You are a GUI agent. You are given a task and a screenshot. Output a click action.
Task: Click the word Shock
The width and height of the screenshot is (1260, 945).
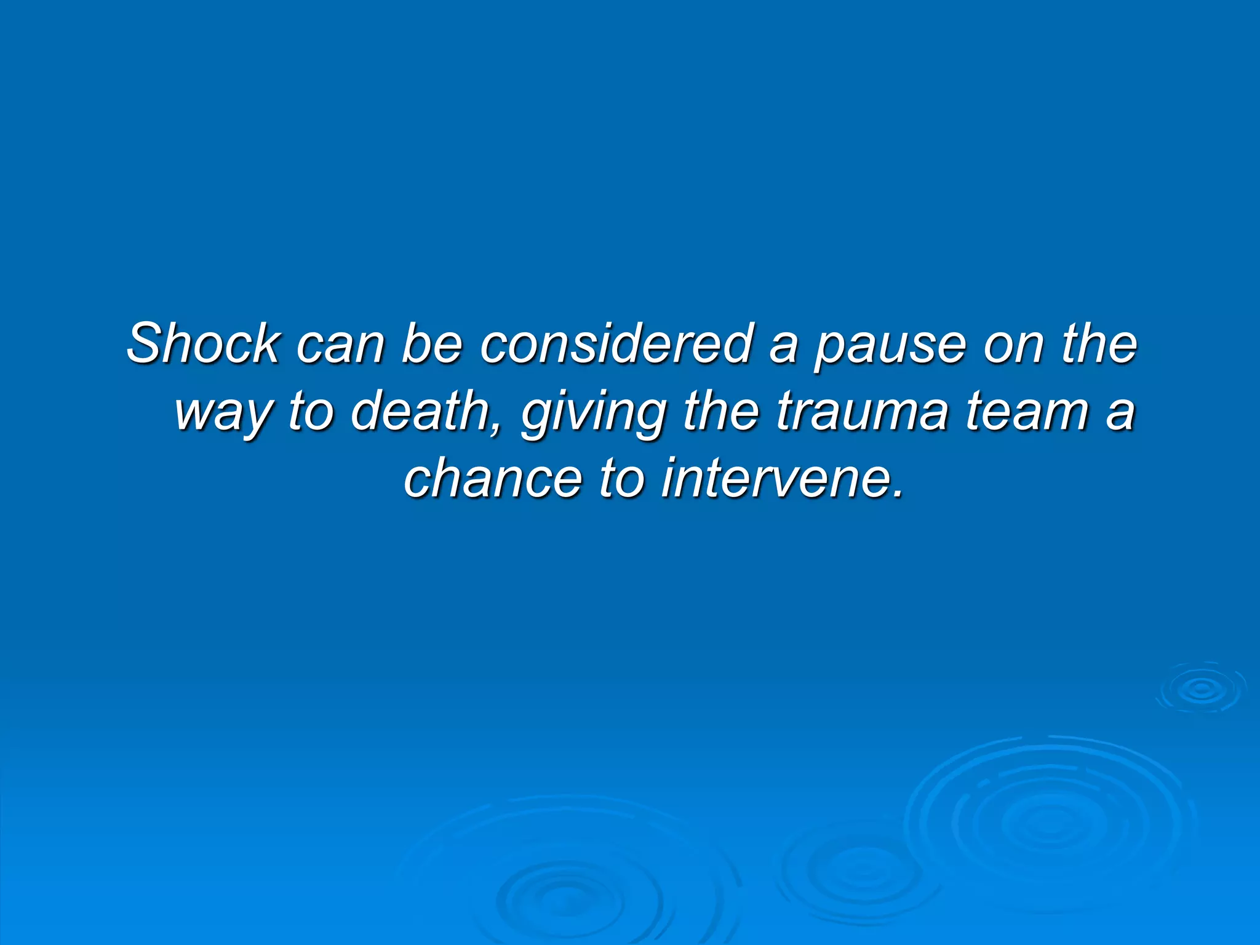coord(203,343)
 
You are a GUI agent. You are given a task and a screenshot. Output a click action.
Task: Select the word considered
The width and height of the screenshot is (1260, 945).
coord(616,343)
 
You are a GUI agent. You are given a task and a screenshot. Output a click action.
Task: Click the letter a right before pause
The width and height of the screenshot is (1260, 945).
coord(783,346)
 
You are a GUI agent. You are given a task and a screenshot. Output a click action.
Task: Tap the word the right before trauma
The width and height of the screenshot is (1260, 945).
coord(720,411)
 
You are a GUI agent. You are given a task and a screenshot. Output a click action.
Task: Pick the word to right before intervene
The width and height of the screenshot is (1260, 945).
coord(621,479)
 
